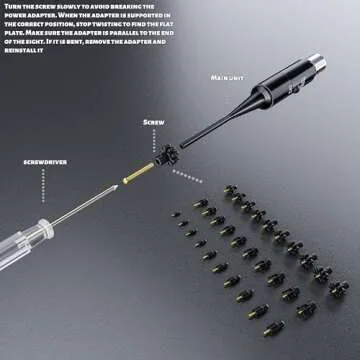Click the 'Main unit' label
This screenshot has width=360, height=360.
point(229,76)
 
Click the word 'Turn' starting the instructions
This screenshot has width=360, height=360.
point(13,7)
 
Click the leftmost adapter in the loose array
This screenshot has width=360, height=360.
point(174,213)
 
